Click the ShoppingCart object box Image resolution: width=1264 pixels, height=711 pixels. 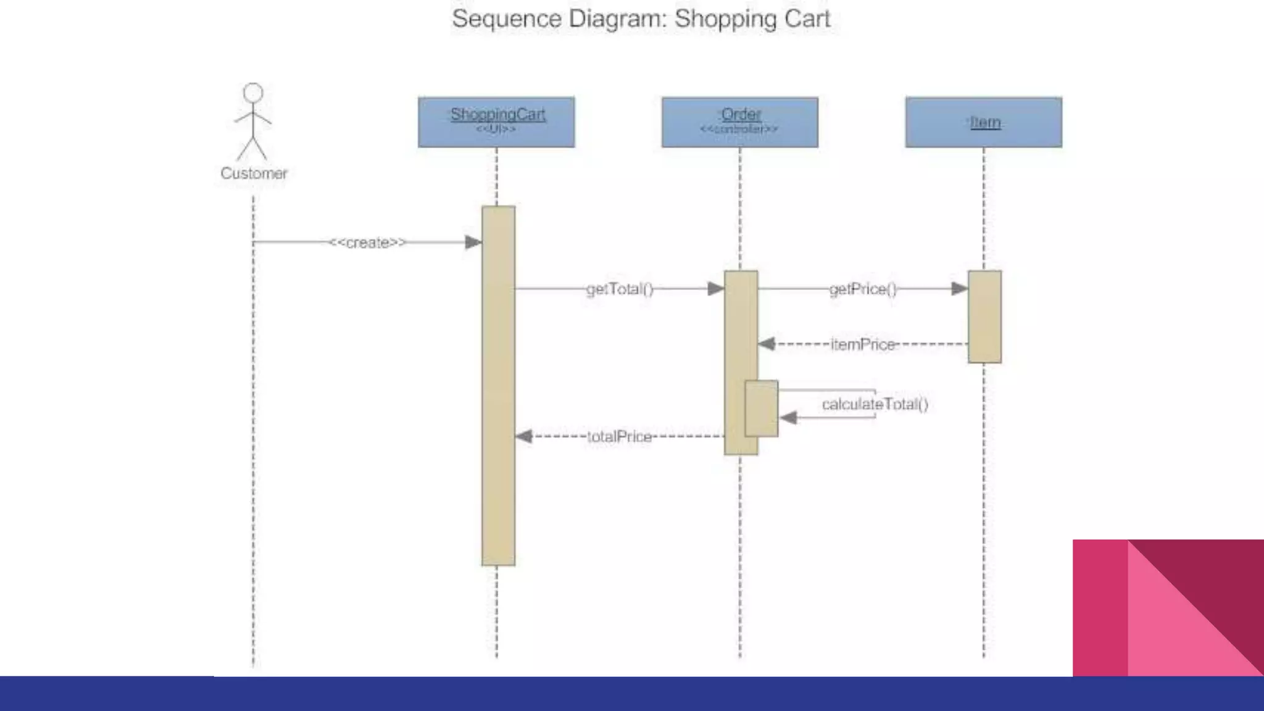496,122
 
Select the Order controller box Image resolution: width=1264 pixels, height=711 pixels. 740,122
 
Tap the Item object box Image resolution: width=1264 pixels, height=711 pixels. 984,122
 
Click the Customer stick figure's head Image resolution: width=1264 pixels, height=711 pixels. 253,93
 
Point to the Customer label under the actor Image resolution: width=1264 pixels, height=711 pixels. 254,173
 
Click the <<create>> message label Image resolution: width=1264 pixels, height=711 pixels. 367,243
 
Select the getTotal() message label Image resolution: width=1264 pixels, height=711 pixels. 620,289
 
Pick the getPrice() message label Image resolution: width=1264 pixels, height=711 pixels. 863,289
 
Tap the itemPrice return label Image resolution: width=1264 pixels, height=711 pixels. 863,344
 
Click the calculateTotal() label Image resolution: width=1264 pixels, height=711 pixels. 875,404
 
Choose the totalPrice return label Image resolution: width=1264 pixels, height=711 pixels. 619,437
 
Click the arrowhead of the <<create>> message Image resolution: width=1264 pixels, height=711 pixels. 473,243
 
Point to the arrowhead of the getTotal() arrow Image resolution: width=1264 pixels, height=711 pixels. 716,289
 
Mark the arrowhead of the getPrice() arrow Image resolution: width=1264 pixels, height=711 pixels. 960,289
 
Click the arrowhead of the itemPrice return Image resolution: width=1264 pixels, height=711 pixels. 767,344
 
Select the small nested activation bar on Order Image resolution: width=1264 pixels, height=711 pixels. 762,409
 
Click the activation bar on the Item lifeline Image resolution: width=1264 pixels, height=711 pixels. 984,317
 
